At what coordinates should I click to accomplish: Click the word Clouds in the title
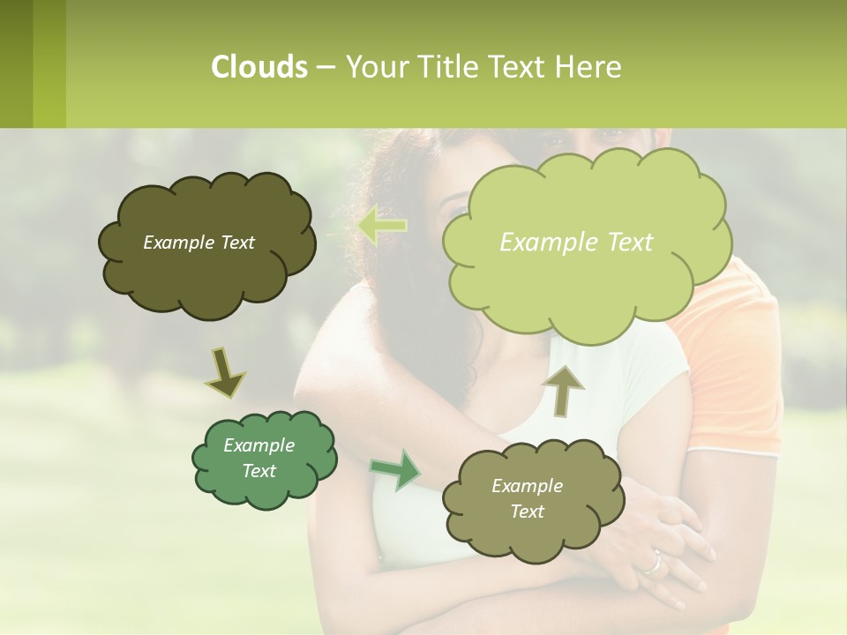coord(259,67)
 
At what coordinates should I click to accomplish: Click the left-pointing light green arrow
coord(381,225)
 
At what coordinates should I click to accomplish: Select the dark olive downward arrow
coord(224,373)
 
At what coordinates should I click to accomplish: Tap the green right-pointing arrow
coord(395,469)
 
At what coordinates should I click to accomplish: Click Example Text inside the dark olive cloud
coord(199,243)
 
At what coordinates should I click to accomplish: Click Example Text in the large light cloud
coord(576,243)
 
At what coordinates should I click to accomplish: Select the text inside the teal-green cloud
coord(259,458)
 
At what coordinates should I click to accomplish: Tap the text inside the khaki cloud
coord(527,498)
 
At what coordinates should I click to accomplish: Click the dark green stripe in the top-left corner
coord(16,63)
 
